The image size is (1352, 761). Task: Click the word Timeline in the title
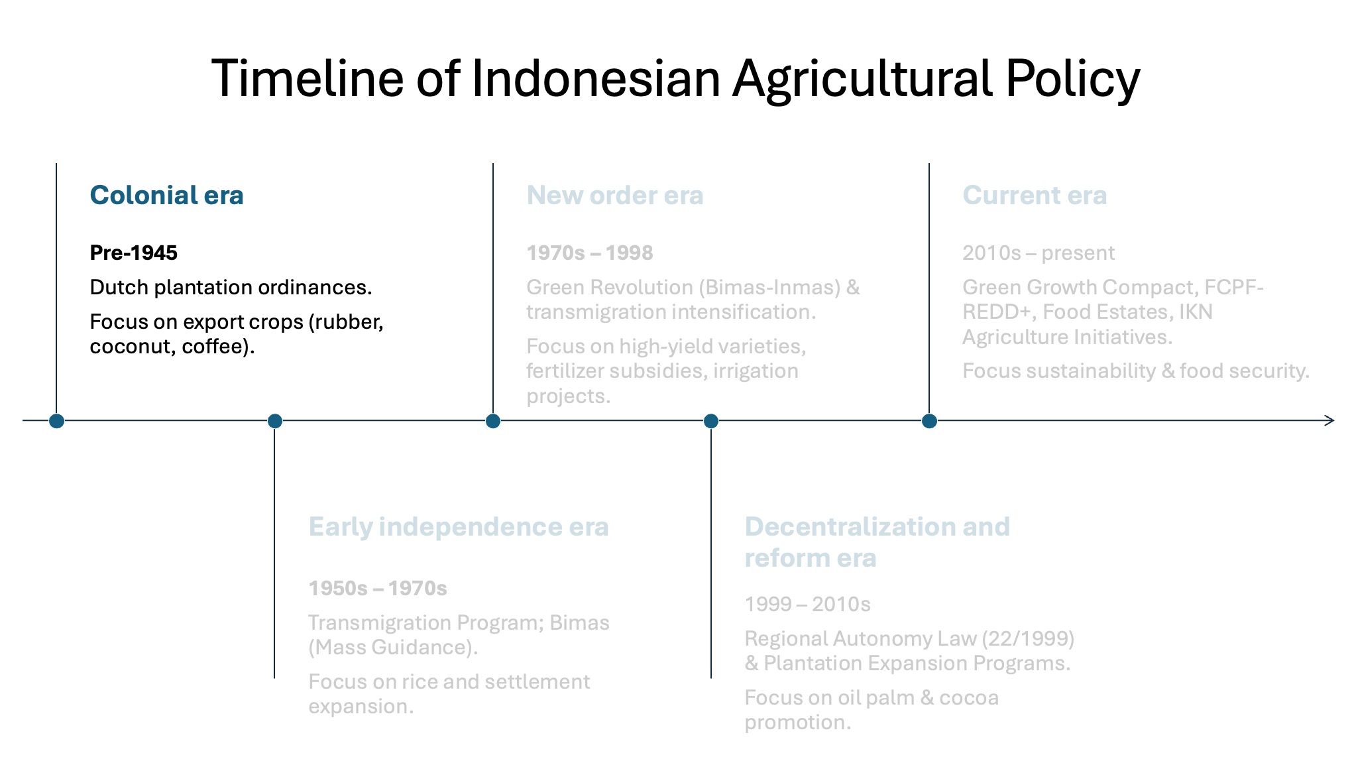point(308,78)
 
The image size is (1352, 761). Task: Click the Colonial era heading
point(167,196)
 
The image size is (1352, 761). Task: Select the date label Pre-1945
point(134,253)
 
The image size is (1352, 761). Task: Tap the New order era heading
point(615,196)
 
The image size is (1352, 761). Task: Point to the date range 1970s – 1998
point(590,253)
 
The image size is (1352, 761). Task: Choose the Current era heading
point(1035,196)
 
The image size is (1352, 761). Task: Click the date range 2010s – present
point(1039,253)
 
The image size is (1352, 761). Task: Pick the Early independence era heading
point(459,527)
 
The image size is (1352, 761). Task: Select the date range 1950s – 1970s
point(378,588)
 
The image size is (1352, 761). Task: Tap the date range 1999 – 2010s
point(807,604)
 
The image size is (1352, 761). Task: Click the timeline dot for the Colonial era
point(56,421)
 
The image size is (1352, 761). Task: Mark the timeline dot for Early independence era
point(275,421)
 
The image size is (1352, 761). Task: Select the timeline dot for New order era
point(493,421)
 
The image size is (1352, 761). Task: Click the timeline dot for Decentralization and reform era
point(711,421)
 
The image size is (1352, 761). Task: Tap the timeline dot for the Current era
point(929,421)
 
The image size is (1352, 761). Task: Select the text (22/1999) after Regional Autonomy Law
point(1028,638)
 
